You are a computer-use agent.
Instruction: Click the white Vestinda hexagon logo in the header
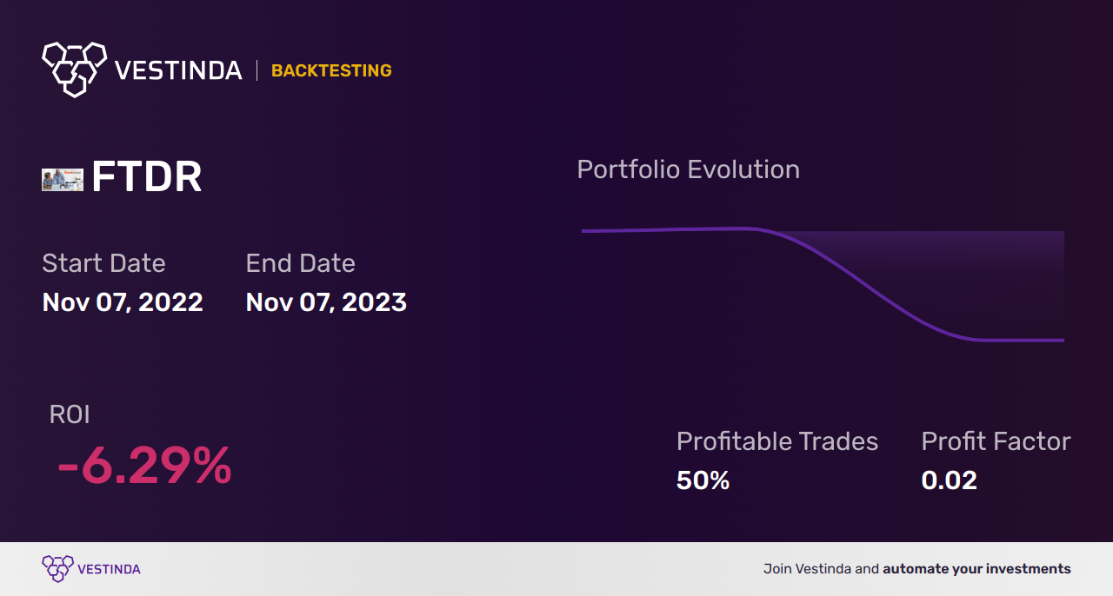75,70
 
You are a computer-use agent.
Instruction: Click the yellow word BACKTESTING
331,70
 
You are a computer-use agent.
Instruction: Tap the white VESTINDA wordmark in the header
178,70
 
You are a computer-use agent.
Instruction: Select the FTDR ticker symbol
147,176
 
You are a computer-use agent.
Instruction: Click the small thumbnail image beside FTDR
63,180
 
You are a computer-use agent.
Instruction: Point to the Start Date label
103,263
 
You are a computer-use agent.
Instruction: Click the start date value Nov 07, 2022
123,302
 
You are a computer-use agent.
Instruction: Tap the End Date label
301,263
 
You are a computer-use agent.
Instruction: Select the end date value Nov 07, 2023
326,302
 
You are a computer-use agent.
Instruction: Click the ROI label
70,414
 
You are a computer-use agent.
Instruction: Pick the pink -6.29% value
144,466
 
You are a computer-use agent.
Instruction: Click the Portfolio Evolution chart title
689,170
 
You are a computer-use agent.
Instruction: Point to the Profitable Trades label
777,441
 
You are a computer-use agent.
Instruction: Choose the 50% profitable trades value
703,480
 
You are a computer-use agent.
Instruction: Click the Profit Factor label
996,441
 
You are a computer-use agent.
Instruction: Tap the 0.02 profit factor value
949,480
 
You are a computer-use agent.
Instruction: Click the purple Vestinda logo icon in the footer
57,569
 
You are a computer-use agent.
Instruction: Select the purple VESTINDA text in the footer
110,569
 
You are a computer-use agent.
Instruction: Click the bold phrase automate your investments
976,569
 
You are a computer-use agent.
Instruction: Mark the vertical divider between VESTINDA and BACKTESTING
257,70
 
